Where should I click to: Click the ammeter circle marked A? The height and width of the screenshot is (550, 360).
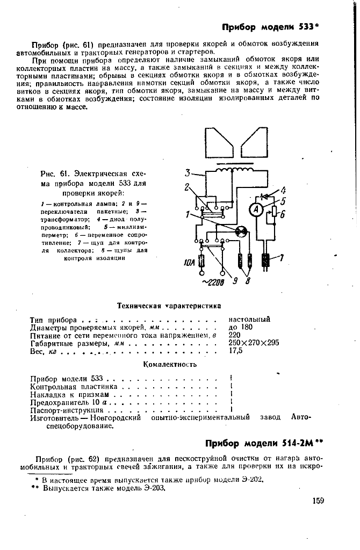coord(257,208)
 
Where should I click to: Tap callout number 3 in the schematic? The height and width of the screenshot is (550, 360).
coord(188,173)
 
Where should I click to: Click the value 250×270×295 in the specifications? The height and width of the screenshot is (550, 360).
coord(254,343)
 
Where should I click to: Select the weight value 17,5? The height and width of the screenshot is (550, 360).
coord(236,351)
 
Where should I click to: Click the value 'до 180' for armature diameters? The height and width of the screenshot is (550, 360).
coord(240,327)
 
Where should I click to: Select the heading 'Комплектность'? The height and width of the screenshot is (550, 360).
coord(170,364)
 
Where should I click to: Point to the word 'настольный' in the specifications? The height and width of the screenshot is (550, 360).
coord(249,319)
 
